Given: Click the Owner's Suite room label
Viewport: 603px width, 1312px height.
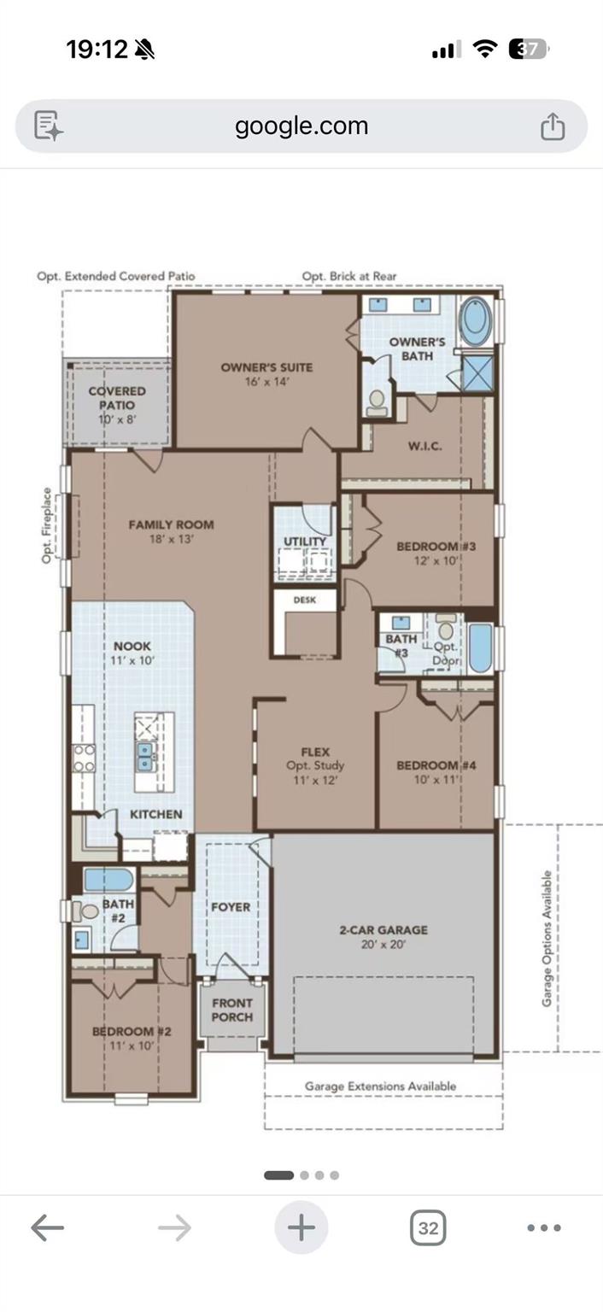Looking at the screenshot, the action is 266,367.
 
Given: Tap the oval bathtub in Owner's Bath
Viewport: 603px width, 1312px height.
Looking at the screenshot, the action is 475,321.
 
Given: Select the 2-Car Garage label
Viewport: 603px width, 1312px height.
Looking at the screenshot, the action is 383,929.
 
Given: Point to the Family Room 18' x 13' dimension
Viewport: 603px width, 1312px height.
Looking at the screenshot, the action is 171,539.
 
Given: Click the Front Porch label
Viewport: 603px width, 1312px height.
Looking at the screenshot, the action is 231,1010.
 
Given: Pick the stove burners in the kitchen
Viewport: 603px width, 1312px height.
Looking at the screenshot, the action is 84,758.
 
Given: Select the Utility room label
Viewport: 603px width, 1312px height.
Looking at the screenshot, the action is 304,542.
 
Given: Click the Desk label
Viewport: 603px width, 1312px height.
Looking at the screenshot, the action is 304,600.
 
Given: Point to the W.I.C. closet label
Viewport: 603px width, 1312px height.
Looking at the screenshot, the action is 425,447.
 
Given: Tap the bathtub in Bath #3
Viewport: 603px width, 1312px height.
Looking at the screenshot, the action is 480,648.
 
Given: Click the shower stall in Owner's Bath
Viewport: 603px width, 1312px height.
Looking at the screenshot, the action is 477,372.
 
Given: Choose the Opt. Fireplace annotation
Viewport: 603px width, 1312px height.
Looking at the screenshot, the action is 47,525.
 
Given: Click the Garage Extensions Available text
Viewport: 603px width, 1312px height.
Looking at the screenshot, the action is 380,1086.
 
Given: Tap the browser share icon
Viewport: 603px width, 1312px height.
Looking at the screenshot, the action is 553,126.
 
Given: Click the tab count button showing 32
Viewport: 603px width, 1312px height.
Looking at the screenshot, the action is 428,1227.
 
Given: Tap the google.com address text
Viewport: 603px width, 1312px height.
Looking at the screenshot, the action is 301,126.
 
